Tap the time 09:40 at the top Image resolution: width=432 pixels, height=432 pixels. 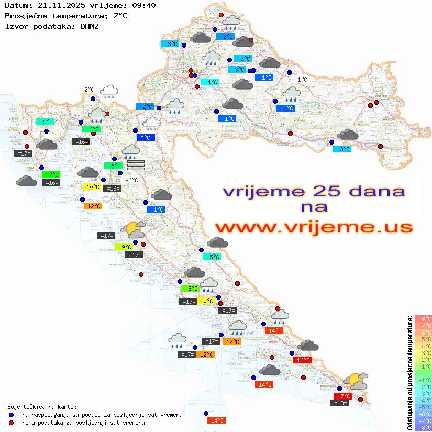(x=142, y=6)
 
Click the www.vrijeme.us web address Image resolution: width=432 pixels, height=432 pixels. (x=313, y=227)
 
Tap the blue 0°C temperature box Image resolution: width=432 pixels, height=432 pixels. (x=145, y=138)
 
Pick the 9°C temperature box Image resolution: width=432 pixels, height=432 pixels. (x=126, y=247)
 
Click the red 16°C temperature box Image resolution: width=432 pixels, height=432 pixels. (x=302, y=360)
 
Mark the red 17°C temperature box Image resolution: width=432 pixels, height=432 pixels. (x=342, y=396)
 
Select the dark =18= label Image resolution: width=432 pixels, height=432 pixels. (x=340, y=403)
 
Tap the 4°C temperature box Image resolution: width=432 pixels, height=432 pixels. (x=212, y=82)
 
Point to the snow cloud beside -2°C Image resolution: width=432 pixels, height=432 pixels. (x=109, y=92)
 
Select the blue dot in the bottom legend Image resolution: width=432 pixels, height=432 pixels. (x=11, y=415)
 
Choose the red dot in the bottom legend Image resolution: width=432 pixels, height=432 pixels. (x=11, y=423)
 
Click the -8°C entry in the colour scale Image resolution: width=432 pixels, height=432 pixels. (x=423, y=427)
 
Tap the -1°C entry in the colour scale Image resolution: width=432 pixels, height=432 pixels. (x=423, y=380)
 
